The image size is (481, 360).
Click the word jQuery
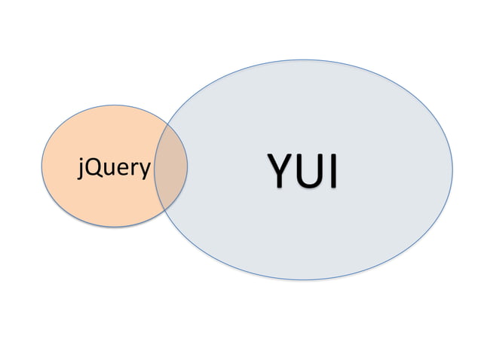pyautogui.click(x=114, y=168)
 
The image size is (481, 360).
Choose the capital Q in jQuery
pyautogui.click(x=93, y=168)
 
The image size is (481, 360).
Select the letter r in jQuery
pyautogui.click(x=132, y=169)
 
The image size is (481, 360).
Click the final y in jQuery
pyautogui.click(x=142, y=170)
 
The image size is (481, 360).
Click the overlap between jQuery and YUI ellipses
pyautogui.click(x=171, y=166)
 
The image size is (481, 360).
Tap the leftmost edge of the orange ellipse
pyautogui.click(x=41, y=166)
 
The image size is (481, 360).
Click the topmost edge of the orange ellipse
pyautogui.click(x=114, y=106)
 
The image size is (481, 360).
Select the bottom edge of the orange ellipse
pyautogui.click(x=114, y=227)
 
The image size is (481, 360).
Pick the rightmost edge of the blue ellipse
pyautogui.click(x=452, y=169)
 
